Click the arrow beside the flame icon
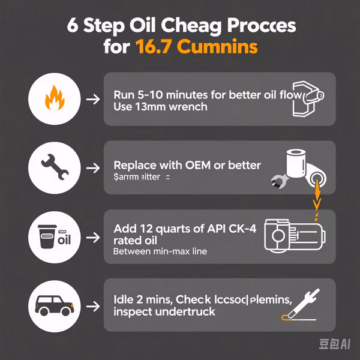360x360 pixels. pos(92,98)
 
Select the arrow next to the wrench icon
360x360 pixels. pos(92,167)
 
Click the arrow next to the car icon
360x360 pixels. pos(92,304)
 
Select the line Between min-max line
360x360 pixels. pos(160,251)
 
